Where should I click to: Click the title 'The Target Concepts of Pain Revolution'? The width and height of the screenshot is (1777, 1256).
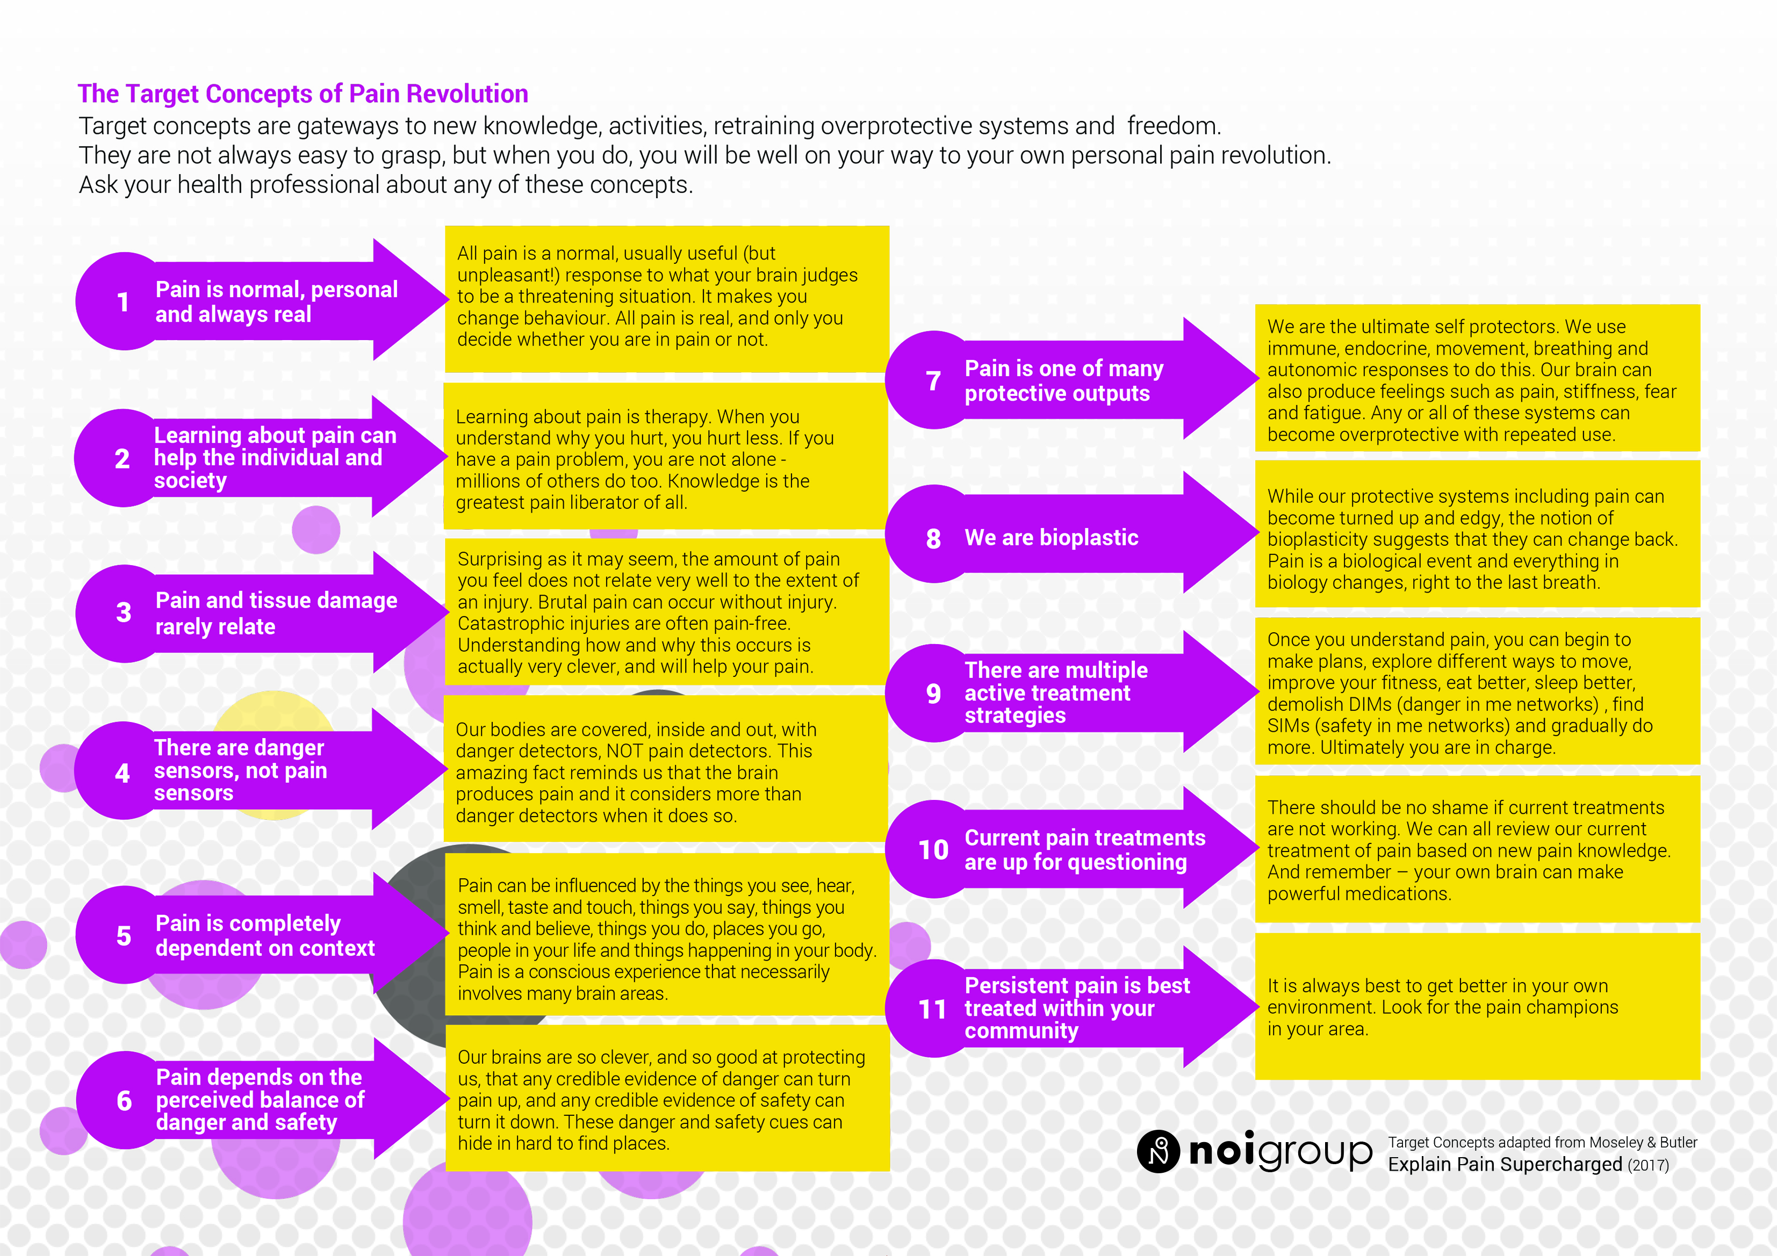tap(303, 93)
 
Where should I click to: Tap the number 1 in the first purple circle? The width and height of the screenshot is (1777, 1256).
tap(123, 302)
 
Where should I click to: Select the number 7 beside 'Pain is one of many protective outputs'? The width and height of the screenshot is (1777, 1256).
tap(933, 381)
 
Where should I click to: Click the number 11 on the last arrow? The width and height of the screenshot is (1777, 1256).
tap(933, 1009)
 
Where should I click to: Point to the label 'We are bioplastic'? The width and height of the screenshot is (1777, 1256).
tap(1051, 537)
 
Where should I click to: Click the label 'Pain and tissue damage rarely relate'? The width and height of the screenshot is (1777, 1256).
tap(276, 613)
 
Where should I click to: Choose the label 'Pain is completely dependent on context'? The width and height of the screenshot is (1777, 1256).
tap(265, 936)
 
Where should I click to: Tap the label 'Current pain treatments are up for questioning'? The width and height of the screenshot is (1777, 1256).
tap(1084, 850)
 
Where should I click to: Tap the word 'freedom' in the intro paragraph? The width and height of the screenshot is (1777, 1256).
tap(1174, 125)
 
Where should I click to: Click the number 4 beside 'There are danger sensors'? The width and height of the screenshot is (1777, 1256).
tap(123, 773)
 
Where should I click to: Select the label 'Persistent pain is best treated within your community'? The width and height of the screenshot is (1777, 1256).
tap(1077, 1008)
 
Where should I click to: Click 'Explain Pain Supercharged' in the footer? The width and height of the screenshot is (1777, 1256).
tap(1505, 1165)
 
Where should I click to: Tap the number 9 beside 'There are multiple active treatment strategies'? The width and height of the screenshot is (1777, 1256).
tap(933, 694)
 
